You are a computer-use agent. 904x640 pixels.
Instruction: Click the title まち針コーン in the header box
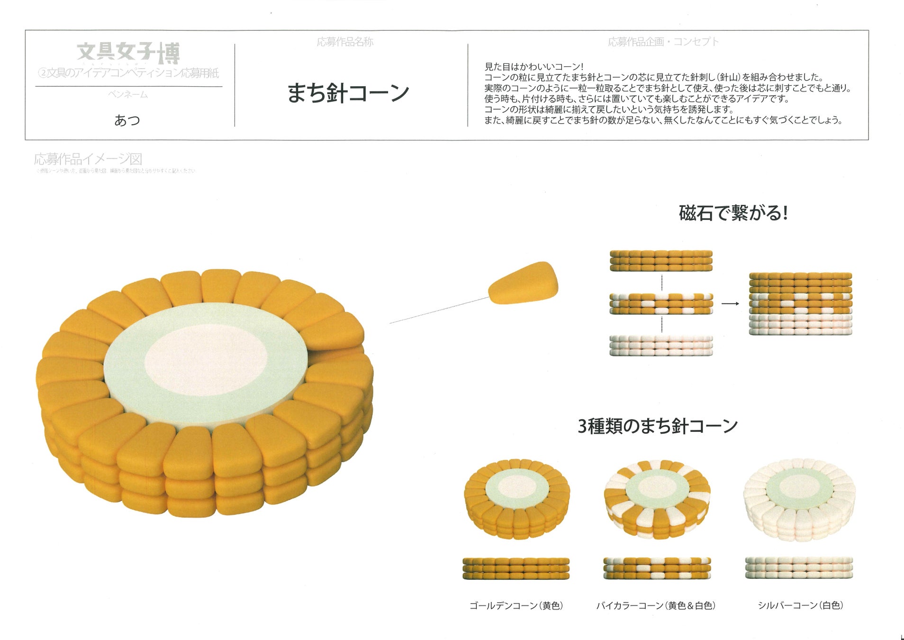click(348, 93)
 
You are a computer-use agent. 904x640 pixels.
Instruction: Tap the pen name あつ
click(127, 120)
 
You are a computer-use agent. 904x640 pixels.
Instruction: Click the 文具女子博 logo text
click(128, 53)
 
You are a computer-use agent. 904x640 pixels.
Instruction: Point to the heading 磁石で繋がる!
click(733, 213)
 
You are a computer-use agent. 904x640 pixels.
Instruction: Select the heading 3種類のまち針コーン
click(658, 426)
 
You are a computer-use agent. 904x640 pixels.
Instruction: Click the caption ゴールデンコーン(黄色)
click(516, 605)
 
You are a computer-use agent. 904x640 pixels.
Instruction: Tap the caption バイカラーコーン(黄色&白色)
click(656, 605)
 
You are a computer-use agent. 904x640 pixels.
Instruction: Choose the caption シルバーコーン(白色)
click(800, 605)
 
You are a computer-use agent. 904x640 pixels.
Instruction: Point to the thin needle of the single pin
click(438, 311)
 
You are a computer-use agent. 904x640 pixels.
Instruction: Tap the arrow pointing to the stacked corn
click(730, 303)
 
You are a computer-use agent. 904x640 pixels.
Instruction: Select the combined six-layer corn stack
click(800, 304)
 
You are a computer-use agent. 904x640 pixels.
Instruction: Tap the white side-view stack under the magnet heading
click(661, 346)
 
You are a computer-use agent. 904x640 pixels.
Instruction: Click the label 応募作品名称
click(345, 42)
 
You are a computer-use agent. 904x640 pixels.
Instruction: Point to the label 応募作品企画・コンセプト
click(663, 42)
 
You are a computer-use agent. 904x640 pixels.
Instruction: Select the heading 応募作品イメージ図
click(88, 159)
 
